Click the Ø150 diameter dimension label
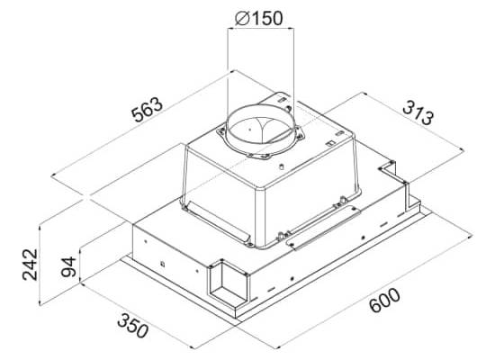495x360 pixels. tap(259, 18)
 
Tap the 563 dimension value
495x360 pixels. tap(148, 110)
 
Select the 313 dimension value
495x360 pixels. tap(418, 112)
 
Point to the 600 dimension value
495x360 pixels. tap(384, 300)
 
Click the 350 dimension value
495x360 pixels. tap(132, 326)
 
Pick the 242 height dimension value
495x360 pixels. tap(31, 265)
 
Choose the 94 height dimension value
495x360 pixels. tap(68, 266)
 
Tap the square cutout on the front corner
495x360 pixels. tap(228, 282)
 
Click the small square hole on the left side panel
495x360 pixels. tap(162, 264)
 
